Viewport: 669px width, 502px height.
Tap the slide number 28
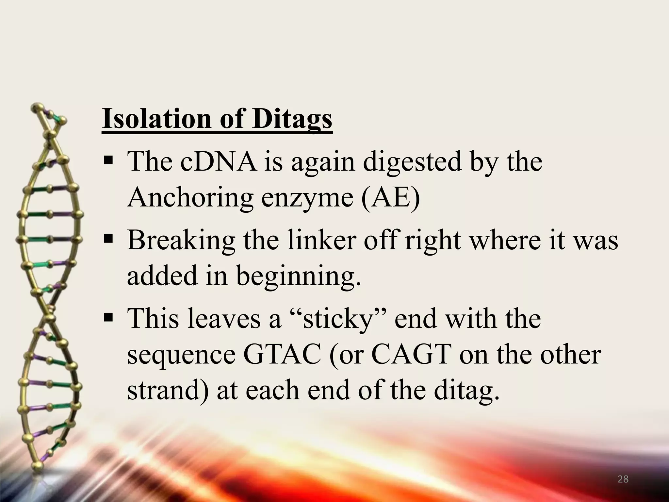click(623, 479)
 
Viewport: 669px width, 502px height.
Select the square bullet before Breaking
click(108, 239)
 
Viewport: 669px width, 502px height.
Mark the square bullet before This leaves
click(108, 318)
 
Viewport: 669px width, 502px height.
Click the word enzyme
click(307, 198)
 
